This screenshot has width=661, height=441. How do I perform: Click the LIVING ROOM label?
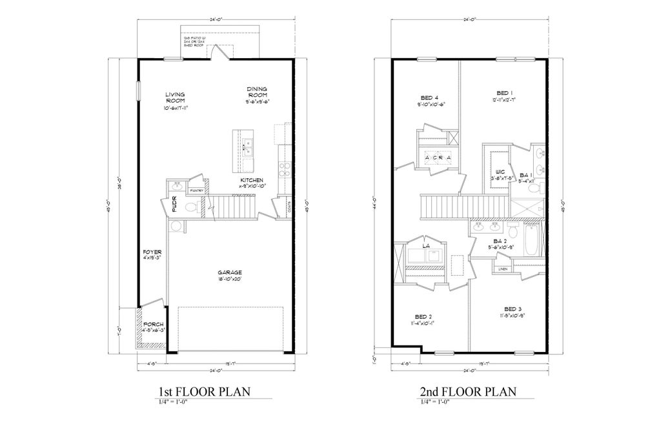(x=175, y=97)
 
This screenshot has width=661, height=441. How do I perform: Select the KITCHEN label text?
(x=251, y=179)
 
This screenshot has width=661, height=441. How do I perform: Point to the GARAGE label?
(x=230, y=272)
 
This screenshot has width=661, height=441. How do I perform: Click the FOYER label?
(x=152, y=252)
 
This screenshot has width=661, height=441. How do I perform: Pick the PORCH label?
(x=153, y=324)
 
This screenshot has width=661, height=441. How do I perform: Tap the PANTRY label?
(x=197, y=190)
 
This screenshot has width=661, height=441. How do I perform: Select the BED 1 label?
(x=504, y=92)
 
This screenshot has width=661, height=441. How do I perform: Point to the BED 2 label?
(x=423, y=316)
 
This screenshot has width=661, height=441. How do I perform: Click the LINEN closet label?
(x=502, y=269)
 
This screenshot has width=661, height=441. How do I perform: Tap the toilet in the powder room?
(x=192, y=207)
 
